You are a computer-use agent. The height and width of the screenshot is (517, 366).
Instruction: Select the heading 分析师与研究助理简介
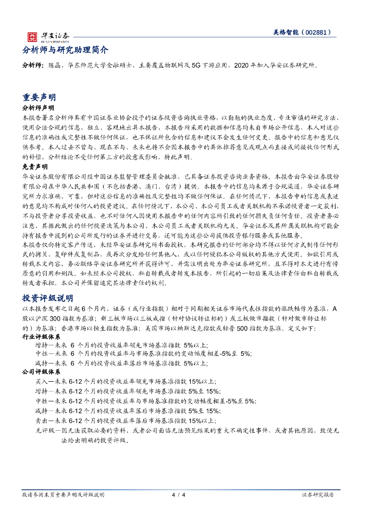[65, 50]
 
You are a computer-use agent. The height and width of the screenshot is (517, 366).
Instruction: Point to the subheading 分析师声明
[38, 109]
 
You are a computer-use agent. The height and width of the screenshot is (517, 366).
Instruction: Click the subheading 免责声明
[35, 166]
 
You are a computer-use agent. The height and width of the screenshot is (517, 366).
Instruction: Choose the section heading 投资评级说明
[48, 298]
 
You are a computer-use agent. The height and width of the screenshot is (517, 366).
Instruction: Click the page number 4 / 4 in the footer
[179, 495]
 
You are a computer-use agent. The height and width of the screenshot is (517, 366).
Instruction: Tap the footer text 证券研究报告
[317, 495]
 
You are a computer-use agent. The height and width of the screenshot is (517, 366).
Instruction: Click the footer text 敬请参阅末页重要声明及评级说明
[63, 495]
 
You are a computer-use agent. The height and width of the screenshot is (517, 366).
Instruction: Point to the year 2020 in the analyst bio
[240, 66]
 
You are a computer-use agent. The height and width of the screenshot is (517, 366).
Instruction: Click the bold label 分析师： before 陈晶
[34, 66]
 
